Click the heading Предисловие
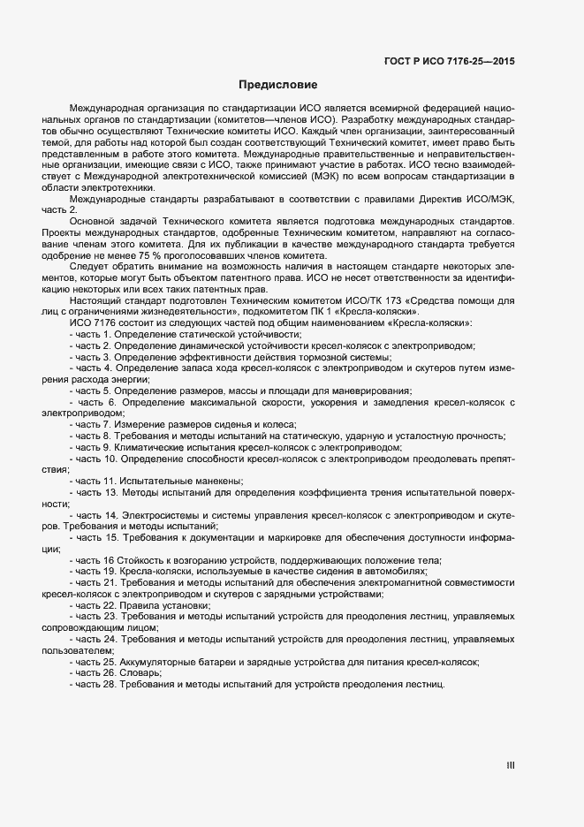(277, 85)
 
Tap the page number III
(511, 766)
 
